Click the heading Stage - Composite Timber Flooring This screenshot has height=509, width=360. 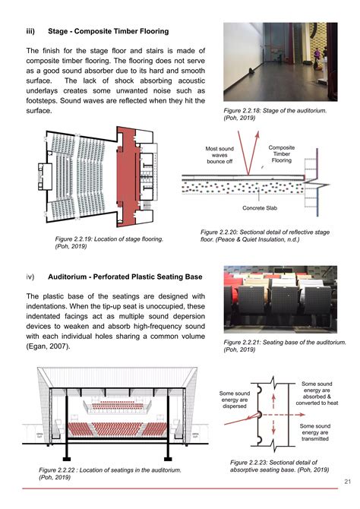click(107, 31)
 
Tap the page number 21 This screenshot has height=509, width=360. click(346, 481)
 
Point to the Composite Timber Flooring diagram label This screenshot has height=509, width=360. click(282, 154)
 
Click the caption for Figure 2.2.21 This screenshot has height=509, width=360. click(277, 346)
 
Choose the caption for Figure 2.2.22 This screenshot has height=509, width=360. click(109, 475)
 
